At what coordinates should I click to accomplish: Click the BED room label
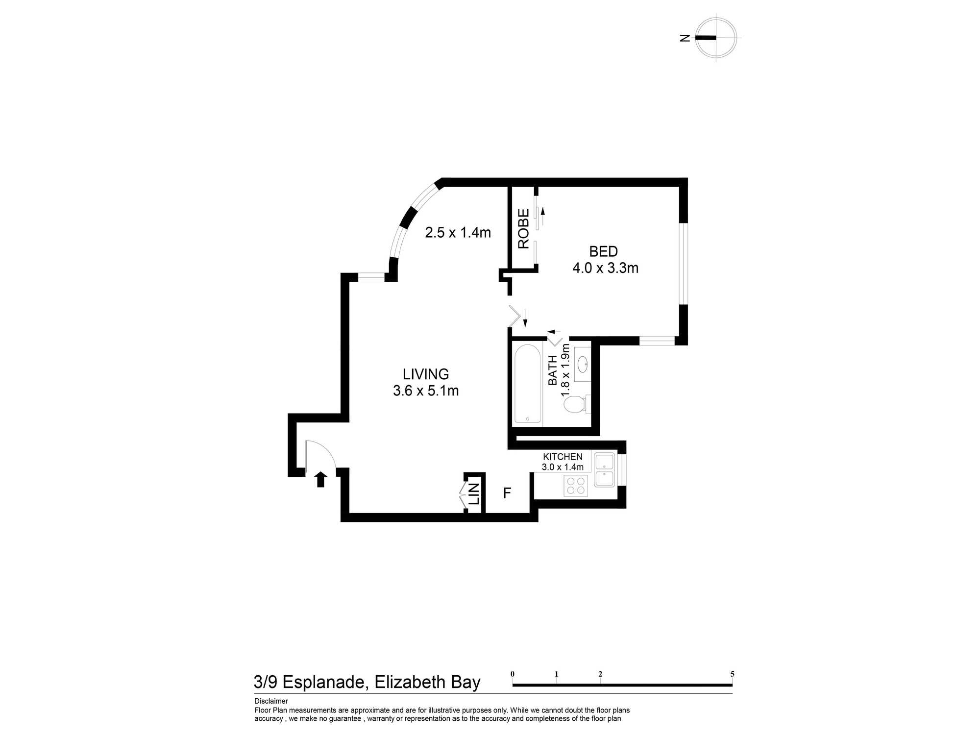(603, 251)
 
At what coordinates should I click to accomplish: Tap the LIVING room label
(426, 374)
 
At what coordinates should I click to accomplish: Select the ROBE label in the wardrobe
(524, 229)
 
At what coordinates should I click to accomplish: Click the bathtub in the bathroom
(528, 384)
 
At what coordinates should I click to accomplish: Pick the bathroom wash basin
(583, 364)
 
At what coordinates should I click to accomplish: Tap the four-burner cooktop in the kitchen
(576, 486)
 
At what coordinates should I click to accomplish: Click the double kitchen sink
(604, 470)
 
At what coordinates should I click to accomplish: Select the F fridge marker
(507, 493)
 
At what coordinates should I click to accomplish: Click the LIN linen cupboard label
(474, 494)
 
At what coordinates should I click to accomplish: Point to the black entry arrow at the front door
(320, 479)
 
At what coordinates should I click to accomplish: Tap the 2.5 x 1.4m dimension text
(458, 232)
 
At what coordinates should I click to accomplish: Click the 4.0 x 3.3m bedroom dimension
(606, 268)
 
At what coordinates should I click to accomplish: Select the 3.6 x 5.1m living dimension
(426, 391)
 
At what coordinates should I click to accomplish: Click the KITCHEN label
(563, 457)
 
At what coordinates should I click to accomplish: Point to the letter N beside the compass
(685, 38)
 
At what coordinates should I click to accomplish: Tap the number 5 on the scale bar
(733, 674)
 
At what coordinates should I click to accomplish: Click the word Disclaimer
(271, 701)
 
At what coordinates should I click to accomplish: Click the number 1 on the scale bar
(557, 674)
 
